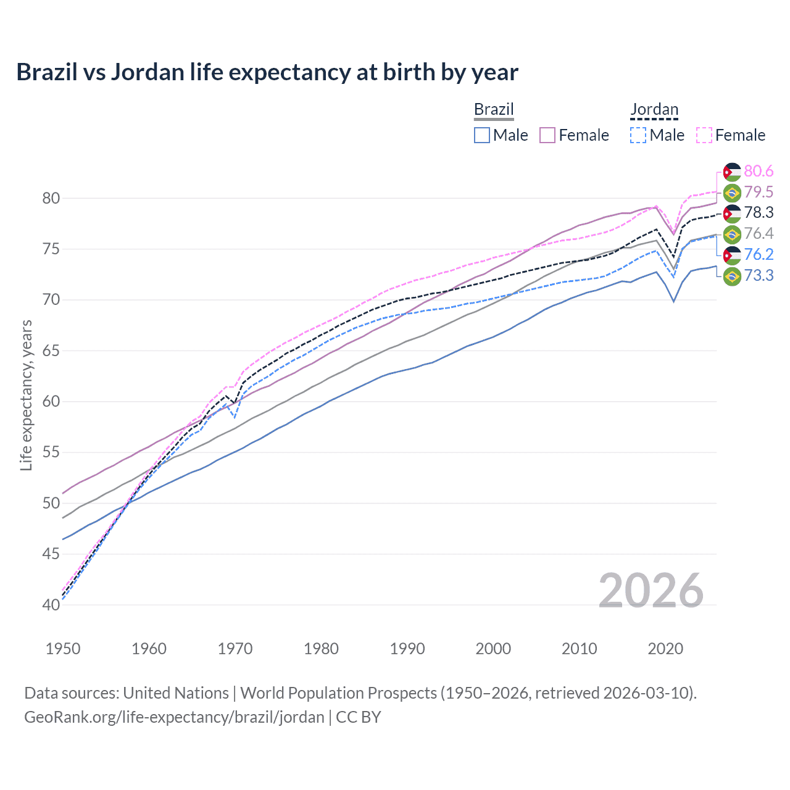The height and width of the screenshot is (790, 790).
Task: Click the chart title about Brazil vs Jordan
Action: coord(267,72)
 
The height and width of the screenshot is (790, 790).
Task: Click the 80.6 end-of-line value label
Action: coord(759,171)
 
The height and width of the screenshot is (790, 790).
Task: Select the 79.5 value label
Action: coord(759,192)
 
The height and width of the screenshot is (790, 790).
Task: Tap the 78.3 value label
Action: coord(759,213)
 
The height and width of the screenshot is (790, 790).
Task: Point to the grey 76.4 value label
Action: coord(759,233)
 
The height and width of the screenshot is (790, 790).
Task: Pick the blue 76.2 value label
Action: coord(759,254)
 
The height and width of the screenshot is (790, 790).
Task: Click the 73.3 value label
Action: coord(759,275)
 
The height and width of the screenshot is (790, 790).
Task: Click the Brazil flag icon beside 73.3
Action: coord(732,276)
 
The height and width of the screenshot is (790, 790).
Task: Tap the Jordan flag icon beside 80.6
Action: coord(732,172)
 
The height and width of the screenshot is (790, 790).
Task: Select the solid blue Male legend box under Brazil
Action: coord(482,135)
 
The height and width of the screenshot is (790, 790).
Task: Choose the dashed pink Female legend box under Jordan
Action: coord(704,135)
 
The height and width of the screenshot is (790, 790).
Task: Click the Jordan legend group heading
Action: coord(654,110)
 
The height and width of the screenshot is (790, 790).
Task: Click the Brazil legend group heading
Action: coord(494,110)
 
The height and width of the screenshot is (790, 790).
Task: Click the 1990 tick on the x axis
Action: coord(407,649)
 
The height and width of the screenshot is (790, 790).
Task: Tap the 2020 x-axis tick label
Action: coord(665,649)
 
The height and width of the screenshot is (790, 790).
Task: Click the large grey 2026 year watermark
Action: coord(651,591)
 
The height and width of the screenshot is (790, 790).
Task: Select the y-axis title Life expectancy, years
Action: coord(26,395)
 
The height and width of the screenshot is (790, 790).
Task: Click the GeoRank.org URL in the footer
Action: coord(174,717)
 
